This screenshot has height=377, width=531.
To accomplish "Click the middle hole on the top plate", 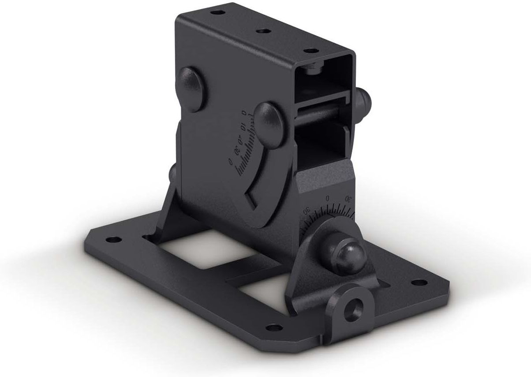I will coord(263,31).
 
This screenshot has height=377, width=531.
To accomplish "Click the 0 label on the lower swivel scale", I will coord(327,198).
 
